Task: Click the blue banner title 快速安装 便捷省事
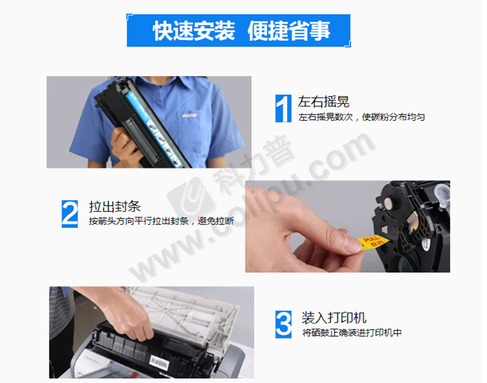coord(241,31)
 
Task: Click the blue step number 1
coord(283,108)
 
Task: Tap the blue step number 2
coord(70,214)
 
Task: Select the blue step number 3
coord(283,325)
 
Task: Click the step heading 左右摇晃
coord(324,102)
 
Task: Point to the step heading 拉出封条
coord(115,206)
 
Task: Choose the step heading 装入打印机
coord(334,318)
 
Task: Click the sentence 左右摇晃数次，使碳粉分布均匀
coord(361,117)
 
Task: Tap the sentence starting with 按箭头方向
coord(162,221)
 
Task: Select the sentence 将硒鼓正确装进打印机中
coord(352,333)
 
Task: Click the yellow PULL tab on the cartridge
coord(372,242)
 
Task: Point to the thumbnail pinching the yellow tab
coord(353,244)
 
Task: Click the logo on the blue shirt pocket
coord(189,115)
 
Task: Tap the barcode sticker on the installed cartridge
coord(159,362)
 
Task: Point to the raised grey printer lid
coord(186,313)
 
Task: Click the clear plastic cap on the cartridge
coord(441,193)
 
